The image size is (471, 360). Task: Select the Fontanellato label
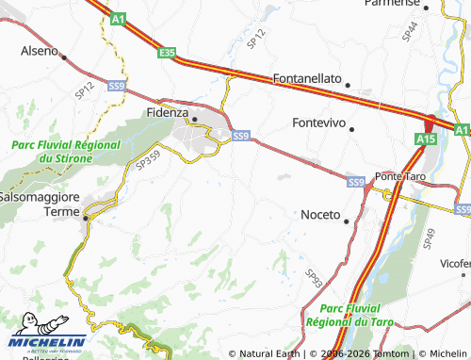tap(307, 79)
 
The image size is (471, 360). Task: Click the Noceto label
tap(320, 215)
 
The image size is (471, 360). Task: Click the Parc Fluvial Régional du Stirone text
tap(66, 152)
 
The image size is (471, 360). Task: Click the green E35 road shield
tap(168, 54)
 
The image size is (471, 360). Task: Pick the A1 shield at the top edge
tap(117, 18)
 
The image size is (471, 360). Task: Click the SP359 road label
tap(147, 162)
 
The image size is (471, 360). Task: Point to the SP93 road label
tap(313, 276)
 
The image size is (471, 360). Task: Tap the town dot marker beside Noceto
tap(347, 221)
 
